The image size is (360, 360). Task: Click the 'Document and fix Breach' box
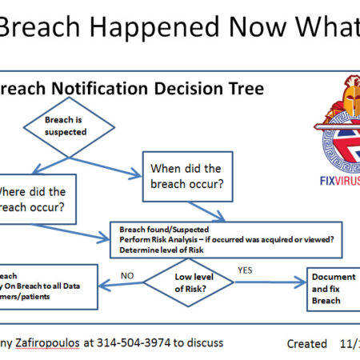pos(330,290)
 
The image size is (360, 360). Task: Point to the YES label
pos(246,270)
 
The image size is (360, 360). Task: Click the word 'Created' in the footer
pos(307,343)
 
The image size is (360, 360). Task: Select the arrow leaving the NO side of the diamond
pos(120,282)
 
